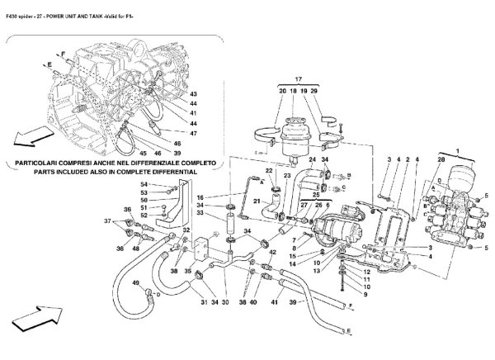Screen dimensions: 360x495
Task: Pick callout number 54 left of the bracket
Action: [x=144, y=184]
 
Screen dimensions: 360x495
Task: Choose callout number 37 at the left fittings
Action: [x=108, y=221]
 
